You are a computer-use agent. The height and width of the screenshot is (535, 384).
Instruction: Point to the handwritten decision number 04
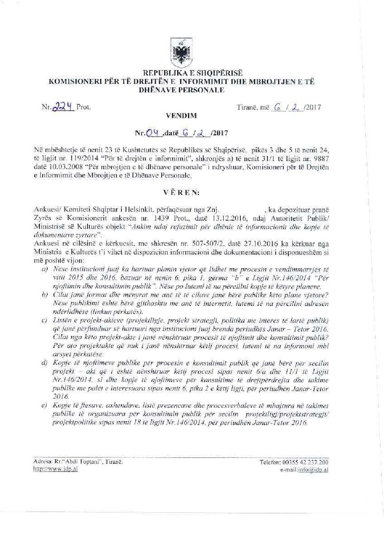(x=156, y=133)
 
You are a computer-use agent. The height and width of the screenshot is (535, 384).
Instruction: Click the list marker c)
(x=44, y=320)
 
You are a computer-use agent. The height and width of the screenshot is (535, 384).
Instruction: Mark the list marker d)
(x=44, y=363)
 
